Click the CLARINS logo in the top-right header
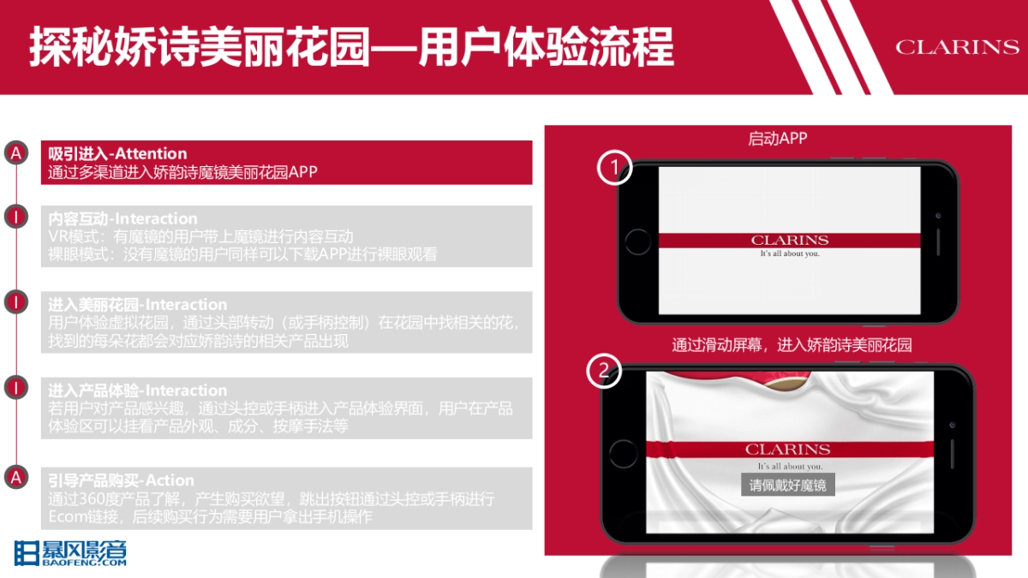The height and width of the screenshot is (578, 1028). point(957,46)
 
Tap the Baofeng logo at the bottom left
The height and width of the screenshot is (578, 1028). point(70,554)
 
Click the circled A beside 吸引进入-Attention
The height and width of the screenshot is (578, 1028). point(15,153)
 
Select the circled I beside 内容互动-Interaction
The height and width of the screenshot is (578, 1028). point(15,216)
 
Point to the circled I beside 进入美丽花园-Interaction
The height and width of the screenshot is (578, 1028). point(15,301)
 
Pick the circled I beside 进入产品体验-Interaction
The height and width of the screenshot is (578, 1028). point(15,387)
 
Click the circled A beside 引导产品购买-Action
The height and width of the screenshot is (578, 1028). point(15,477)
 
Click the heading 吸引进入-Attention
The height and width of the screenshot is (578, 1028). point(117,154)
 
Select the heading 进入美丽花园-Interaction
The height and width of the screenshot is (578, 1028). point(138,304)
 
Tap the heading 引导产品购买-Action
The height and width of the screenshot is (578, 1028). point(122,480)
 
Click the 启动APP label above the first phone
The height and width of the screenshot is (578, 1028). point(778,139)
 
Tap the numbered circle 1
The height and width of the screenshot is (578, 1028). point(614,169)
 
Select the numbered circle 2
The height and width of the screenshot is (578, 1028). point(604,371)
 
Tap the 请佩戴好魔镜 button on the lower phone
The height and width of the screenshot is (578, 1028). point(787,485)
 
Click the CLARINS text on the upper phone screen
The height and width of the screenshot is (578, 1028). point(789,241)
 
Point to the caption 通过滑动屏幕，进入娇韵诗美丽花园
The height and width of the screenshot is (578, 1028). point(792,345)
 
